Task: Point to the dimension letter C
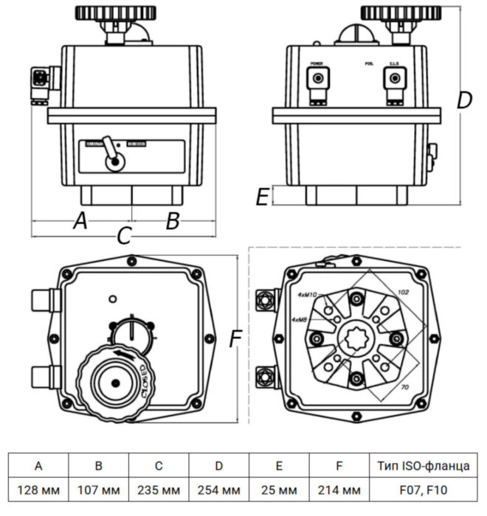(x=125, y=236)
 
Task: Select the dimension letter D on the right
(x=463, y=101)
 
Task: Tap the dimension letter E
(x=261, y=196)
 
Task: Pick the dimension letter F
(x=235, y=338)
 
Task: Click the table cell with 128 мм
(x=38, y=489)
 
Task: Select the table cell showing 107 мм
(x=99, y=489)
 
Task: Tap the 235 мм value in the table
(x=159, y=489)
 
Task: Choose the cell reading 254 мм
(x=219, y=489)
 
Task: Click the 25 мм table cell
(x=279, y=489)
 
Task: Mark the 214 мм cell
(x=339, y=489)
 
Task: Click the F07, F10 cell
(x=421, y=489)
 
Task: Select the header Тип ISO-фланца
(x=421, y=465)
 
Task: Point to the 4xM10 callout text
(x=307, y=294)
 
